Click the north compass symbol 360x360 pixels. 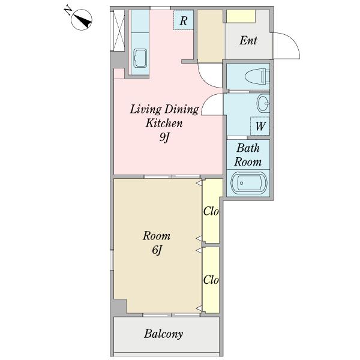82,20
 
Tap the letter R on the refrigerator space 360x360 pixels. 184,20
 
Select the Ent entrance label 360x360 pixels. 248,40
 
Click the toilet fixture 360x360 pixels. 257,76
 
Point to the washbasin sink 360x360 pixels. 263,103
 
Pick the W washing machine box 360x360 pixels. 260,126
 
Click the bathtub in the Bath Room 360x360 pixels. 249,183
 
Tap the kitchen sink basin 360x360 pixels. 140,58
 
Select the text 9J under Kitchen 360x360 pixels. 164,137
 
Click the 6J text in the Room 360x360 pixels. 157,250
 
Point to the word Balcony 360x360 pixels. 163,334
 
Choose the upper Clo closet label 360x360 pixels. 211,211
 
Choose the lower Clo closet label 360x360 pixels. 211,280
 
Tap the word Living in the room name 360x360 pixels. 146,109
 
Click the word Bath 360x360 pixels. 248,148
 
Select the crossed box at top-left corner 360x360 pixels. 118,31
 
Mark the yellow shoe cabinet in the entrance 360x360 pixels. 241,16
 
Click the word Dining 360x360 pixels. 182,109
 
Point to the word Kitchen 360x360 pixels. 164,123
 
